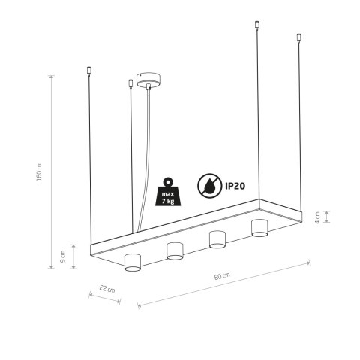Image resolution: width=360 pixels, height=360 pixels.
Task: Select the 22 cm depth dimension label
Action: click(107, 289)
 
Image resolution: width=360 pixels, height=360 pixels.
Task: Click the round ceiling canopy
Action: click(146, 81)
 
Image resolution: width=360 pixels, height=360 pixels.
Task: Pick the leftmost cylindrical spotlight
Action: click(132, 262)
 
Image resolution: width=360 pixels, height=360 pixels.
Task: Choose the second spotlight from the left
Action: click(175, 250)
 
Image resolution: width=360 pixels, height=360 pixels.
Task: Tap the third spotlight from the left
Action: click(217, 239)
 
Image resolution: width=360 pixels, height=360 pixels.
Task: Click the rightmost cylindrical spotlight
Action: click(259, 227)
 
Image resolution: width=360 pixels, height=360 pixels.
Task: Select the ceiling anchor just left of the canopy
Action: click(131, 85)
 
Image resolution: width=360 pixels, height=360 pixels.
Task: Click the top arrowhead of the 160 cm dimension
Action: click(51, 75)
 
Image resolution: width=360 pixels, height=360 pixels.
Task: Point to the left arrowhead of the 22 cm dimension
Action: click(91, 293)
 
